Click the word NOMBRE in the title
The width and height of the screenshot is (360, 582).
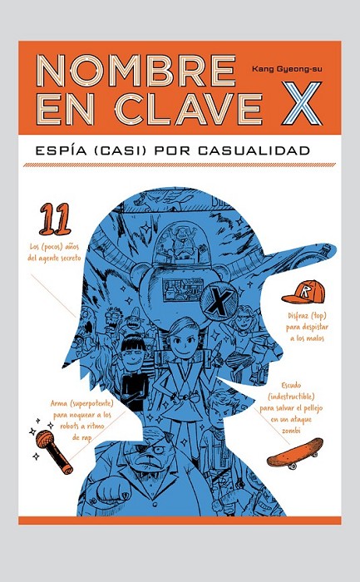pos(136,71)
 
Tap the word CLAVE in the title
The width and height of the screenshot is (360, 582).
pos(189,109)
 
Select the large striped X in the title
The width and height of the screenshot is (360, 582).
pos(301,104)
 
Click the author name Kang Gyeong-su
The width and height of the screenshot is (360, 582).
pos(287,69)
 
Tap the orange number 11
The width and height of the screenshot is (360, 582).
pos(55,219)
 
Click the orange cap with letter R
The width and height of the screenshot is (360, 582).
pos(303,291)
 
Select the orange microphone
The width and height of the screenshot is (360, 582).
pos(54,451)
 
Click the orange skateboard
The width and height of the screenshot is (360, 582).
pos(295,454)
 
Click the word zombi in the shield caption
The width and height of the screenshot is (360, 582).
pos(291,431)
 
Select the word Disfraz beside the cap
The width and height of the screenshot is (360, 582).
pos(298,316)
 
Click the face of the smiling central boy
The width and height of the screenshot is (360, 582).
pos(186,343)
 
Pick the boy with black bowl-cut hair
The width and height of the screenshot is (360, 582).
pos(134,371)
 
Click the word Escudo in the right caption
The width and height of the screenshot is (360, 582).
pos(291,385)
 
